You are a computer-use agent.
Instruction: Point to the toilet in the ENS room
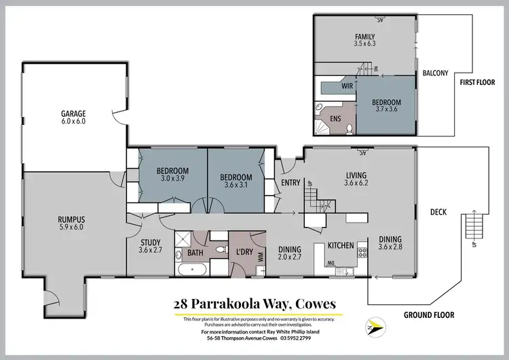pyautogui.click(x=348, y=128)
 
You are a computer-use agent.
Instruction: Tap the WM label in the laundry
pyautogui.click(x=261, y=257)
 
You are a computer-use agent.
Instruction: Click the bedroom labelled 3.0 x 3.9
pyautogui.click(x=172, y=175)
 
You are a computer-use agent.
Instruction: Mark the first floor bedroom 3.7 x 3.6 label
pyautogui.click(x=386, y=107)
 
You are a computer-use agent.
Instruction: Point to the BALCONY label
pyautogui.click(x=435, y=73)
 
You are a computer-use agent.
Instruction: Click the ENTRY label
pyautogui.click(x=290, y=183)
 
